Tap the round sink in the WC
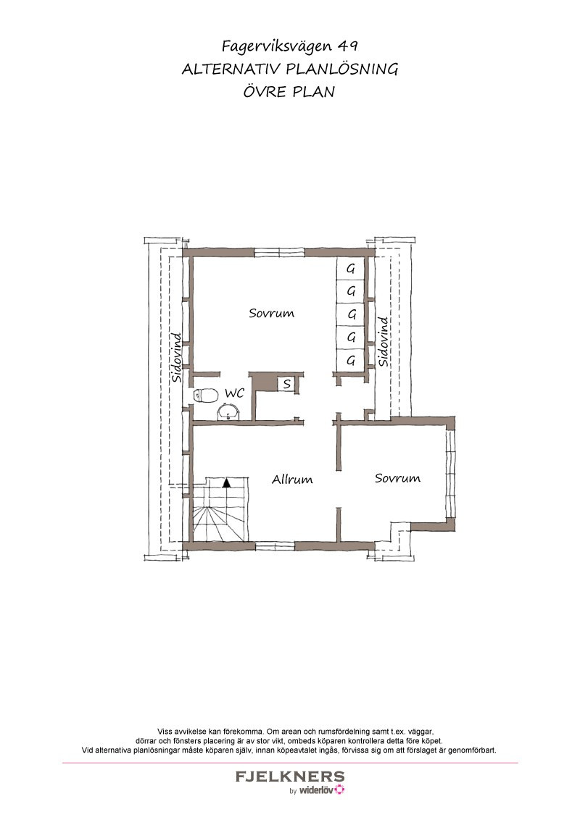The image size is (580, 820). click(228, 413)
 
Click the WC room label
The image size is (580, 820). click(234, 393)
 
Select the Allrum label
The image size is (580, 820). click(292, 479)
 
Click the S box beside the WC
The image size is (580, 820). click(287, 385)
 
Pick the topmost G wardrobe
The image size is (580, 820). click(351, 269)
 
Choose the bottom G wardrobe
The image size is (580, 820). click(351, 360)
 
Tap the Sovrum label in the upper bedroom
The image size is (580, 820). click(271, 313)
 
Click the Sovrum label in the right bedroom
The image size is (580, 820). click(397, 478)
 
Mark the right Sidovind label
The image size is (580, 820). click(384, 341)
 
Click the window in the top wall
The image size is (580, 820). click(280, 253)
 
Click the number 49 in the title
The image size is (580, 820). click(347, 46)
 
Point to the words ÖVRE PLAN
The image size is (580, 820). click(289, 91)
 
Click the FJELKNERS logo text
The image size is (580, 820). click(290, 777)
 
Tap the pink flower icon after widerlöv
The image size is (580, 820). click(340, 790)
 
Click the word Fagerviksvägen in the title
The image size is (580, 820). click(276, 46)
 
